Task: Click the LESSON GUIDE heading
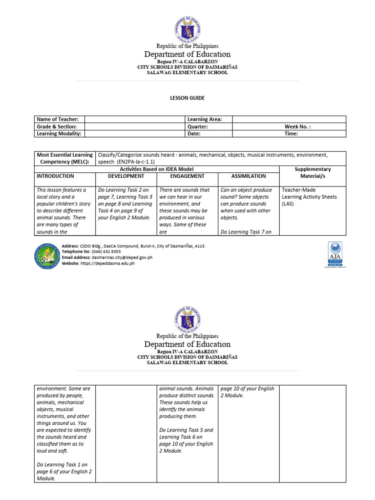tap(187, 98)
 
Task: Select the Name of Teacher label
tap(57, 119)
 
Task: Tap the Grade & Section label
tap(57, 126)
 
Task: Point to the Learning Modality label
tap(59, 133)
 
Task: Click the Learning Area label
tap(205, 119)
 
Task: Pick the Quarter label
tap(198, 126)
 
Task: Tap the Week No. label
tap(297, 126)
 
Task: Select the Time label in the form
tap(291, 133)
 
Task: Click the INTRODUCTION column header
tap(55, 176)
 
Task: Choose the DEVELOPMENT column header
tap(126, 176)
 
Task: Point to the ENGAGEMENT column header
tap(187, 176)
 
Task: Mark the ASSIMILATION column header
tap(249, 176)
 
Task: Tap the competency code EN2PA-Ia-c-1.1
tap(143, 161)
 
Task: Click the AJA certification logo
tap(334, 254)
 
